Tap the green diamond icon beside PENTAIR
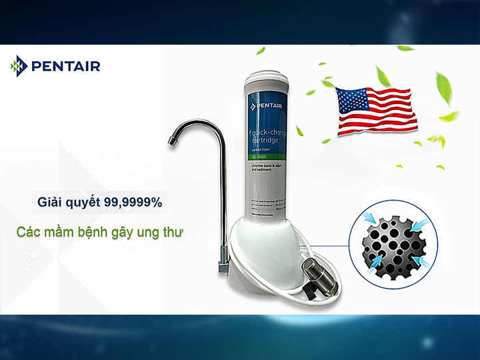coord(18,65)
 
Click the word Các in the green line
coord(30,233)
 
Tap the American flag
coord(377,110)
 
